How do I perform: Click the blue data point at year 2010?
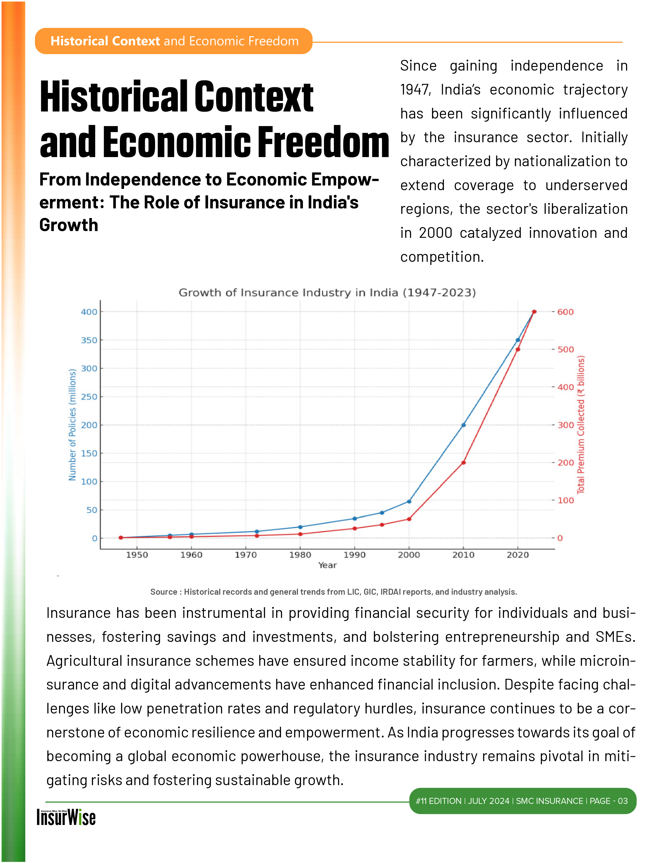[x=463, y=425]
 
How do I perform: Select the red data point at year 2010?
[x=463, y=463]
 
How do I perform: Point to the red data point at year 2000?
[x=409, y=519]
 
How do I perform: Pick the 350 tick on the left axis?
[x=89, y=340]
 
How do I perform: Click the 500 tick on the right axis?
[x=565, y=350]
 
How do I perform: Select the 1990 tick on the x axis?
[x=354, y=555]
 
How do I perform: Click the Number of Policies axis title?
[x=72, y=425]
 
